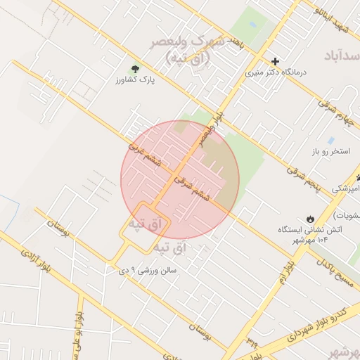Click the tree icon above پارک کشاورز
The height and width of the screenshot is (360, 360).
coord(135,68)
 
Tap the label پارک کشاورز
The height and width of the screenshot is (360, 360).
coord(135,81)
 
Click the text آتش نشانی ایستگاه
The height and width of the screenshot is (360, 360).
coord(311,229)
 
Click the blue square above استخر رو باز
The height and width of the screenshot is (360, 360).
coord(330,140)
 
